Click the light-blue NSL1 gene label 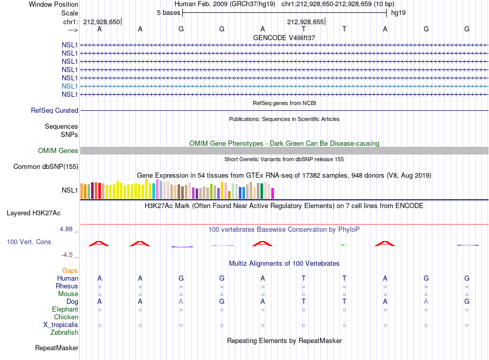(69, 86)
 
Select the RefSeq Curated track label (55, 110)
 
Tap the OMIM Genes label (58, 151)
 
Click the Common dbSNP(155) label (46, 166)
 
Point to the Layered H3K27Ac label (33, 213)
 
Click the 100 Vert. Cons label (29, 242)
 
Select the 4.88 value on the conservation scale (66, 229)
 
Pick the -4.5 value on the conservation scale (67, 255)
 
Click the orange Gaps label (70, 271)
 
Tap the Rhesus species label (67, 286)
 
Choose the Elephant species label (65, 309)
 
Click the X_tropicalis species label (61, 325)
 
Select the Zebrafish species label (64, 333)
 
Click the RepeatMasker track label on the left (57, 348)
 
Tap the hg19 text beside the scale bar (398, 13)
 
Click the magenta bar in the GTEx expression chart (273, 194)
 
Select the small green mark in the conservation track (343, 245)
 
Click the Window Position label (54, 4)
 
